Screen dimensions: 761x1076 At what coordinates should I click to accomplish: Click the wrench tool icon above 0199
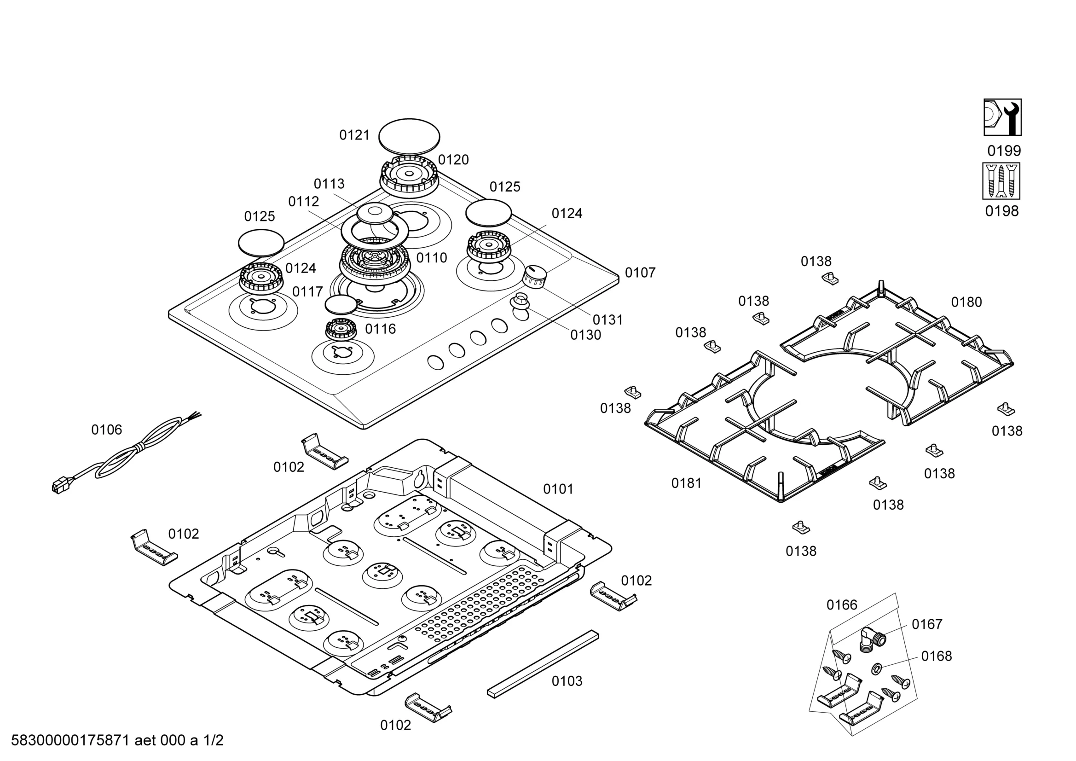pos(1002,117)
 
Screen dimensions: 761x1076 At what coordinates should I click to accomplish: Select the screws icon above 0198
pos(1001,181)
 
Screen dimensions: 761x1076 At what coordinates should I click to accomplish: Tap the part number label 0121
pos(354,135)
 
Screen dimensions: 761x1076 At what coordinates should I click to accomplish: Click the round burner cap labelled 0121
pos(409,136)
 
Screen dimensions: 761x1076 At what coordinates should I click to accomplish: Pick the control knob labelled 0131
pos(535,277)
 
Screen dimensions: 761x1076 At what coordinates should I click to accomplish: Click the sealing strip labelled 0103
pos(543,663)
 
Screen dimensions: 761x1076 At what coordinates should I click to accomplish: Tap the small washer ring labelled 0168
pos(877,668)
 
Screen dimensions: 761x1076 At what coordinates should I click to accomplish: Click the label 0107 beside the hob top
pos(640,273)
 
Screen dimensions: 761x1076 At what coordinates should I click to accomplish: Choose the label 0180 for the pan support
pos(966,302)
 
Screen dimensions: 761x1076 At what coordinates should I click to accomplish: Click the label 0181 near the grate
pos(687,483)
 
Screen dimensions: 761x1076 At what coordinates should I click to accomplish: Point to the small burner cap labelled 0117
pos(341,305)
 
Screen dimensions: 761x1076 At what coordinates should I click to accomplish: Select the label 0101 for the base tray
pos(558,489)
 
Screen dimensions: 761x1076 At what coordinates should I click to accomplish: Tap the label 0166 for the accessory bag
pos(842,605)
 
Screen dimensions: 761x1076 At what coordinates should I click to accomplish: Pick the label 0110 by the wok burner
pos(432,257)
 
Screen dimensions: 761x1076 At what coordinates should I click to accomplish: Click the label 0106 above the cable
pos(106,430)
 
